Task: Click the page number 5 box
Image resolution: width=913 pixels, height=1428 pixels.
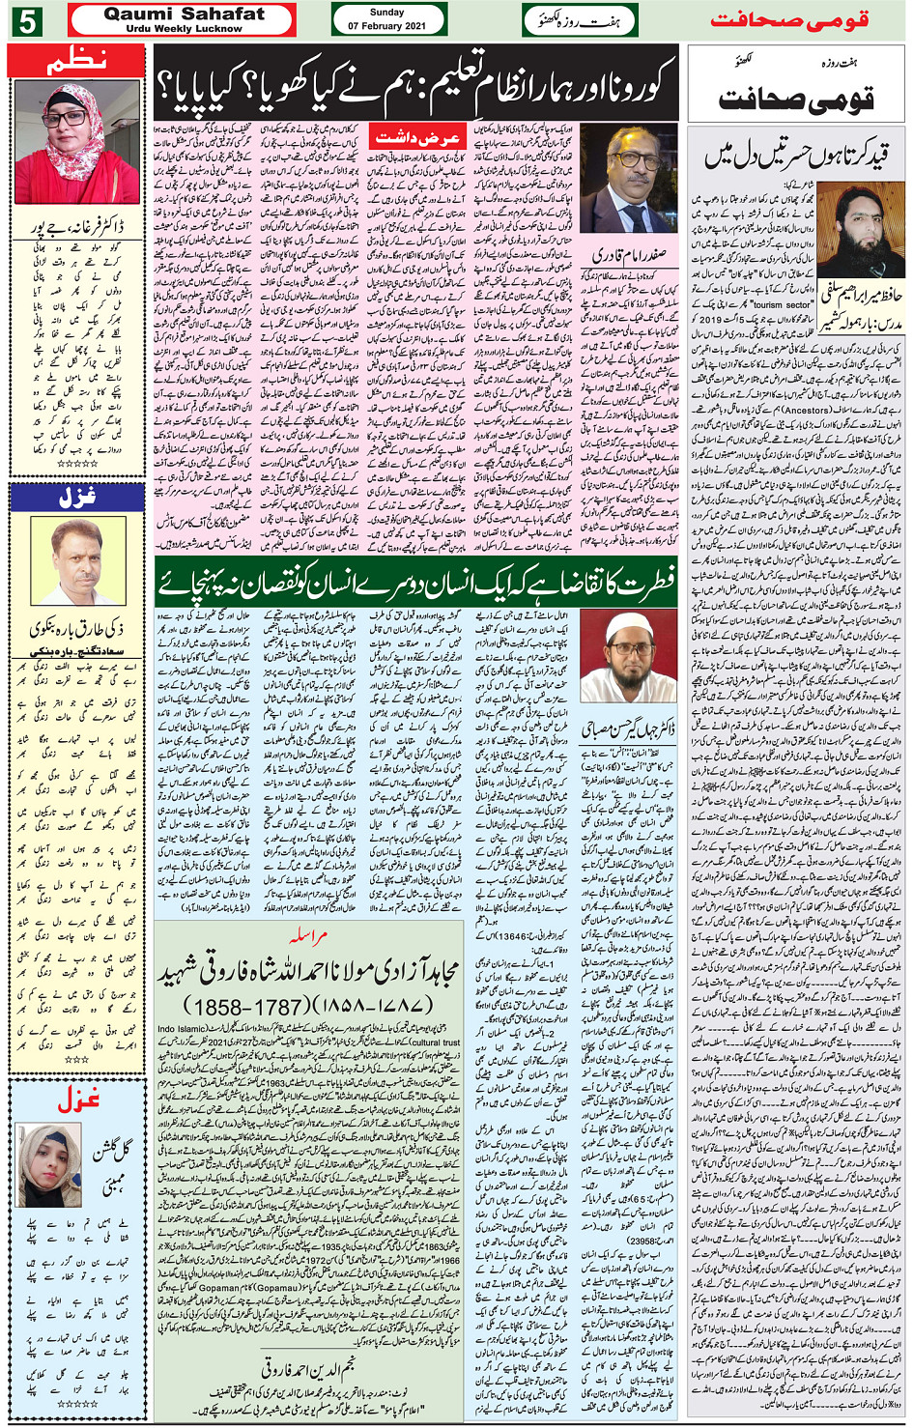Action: click(x=26, y=20)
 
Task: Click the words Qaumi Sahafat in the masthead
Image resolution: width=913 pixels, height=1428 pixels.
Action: click(x=184, y=14)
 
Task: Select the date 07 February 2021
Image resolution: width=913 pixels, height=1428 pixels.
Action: click(x=387, y=26)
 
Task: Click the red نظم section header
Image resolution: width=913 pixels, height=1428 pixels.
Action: click(x=76, y=62)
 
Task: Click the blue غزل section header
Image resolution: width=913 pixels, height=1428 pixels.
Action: click(x=76, y=498)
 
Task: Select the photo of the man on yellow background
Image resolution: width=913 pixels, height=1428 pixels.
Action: click(x=77, y=561)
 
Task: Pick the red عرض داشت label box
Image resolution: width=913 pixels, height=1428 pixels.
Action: click(x=417, y=138)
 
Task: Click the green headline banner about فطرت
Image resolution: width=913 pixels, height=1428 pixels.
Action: click(x=415, y=584)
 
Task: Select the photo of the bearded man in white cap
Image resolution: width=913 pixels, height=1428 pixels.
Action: click(x=628, y=654)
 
